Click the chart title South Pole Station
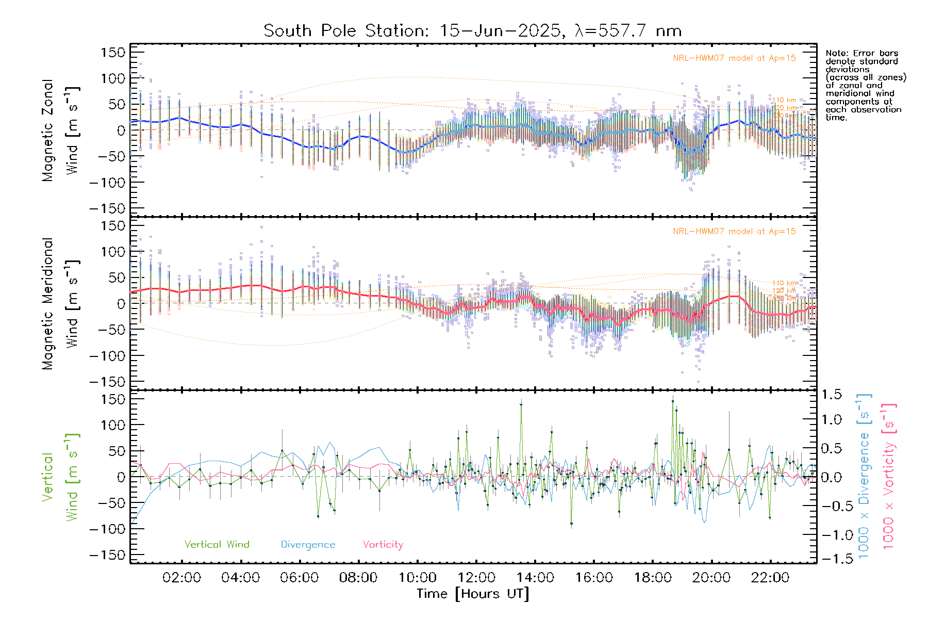[x=472, y=31]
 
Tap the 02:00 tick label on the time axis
[x=181, y=578]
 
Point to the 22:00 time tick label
[x=770, y=578]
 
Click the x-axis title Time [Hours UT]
[x=473, y=594]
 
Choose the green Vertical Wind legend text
[x=217, y=544]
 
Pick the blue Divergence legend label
[x=308, y=544]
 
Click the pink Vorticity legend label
[x=383, y=544]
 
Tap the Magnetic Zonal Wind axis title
[x=60, y=131]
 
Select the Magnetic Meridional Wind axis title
[x=60, y=304]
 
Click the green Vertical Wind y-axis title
[x=60, y=477]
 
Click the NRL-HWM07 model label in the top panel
[x=734, y=58]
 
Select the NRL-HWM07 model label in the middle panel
[x=734, y=232]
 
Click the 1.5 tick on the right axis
[x=831, y=395]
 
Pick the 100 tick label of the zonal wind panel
[x=113, y=78]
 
